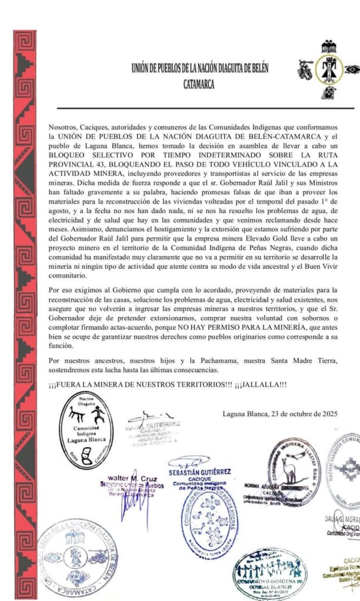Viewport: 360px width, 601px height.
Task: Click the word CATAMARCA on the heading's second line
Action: (198, 84)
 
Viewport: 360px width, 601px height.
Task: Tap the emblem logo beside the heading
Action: (325, 70)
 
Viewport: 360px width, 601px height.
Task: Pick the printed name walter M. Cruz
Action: (127, 478)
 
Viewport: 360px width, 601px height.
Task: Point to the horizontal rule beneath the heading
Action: (206, 109)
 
